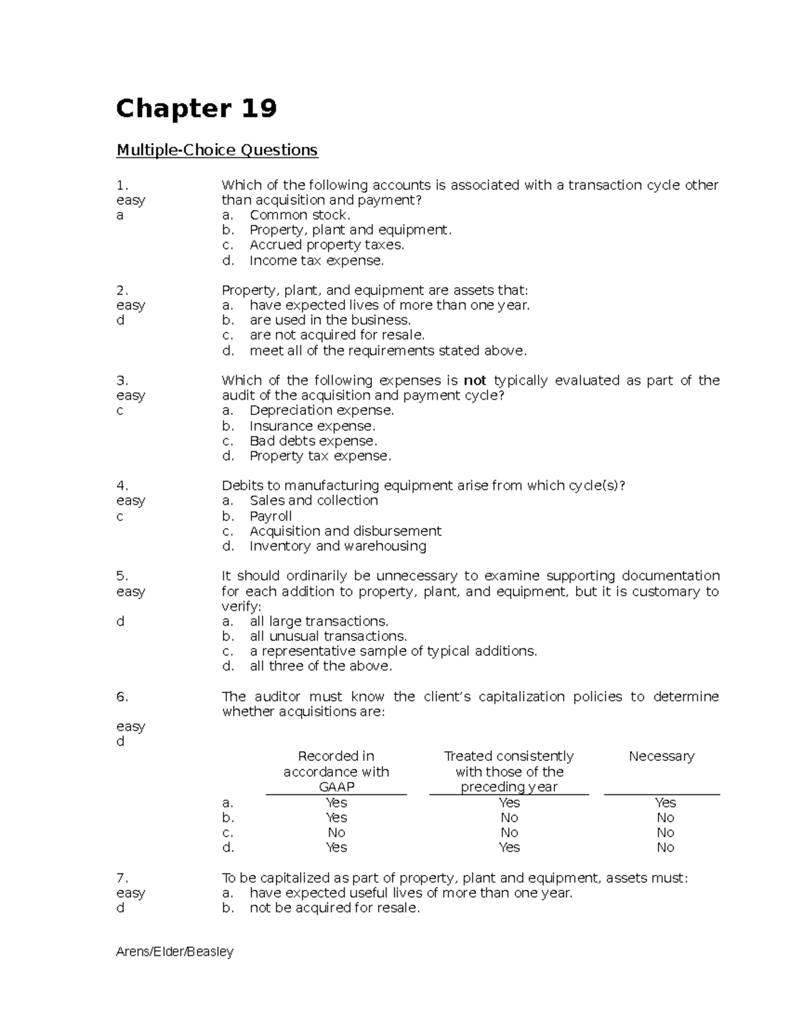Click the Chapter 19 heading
[196, 109]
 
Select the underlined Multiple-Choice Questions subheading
[217, 150]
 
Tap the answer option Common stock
[300, 215]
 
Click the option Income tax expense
[316, 260]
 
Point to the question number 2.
[122, 290]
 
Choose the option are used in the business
[330, 320]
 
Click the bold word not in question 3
[475, 380]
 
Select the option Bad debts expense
[313, 441]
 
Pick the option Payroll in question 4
[271, 516]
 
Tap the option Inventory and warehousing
[338, 546]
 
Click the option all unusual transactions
[328, 636]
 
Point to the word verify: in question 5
[242, 606]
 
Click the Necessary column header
[661, 756]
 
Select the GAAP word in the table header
[336, 787]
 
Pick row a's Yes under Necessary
[665, 802]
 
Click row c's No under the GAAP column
[336, 833]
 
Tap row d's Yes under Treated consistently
[509, 848]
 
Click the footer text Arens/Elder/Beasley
[174, 951]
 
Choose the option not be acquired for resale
[334, 908]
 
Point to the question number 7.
[122, 877]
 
